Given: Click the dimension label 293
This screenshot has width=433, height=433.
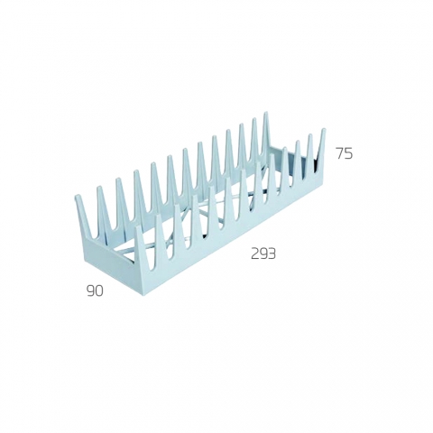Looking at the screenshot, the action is pyautogui.click(x=263, y=254).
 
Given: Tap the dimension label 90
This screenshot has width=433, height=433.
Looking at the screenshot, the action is pyautogui.click(x=95, y=291).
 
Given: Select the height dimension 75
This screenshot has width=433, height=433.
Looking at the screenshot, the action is pyautogui.click(x=345, y=153).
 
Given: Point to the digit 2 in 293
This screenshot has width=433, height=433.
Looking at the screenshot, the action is pyautogui.click(x=255, y=254).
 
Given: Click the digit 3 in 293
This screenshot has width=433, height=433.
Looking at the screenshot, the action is pyautogui.click(x=272, y=254).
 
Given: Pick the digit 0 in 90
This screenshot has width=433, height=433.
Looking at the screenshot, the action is pyautogui.click(x=99, y=291).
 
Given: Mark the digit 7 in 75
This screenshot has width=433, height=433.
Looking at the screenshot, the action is pyautogui.click(x=340, y=153).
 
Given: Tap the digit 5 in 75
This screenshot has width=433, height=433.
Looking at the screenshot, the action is pyautogui.click(x=349, y=153).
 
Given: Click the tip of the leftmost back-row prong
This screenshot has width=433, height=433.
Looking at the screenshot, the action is pyautogui.click(x=77, y=197).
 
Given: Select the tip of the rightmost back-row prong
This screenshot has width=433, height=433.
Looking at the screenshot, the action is pyautogui.click(x=266, y=113).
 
